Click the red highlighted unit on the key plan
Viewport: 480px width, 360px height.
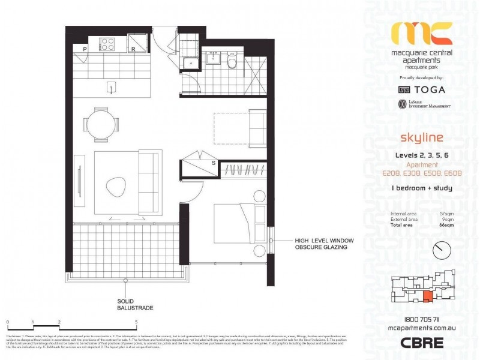pos(426,295)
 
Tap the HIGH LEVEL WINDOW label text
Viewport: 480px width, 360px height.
pos(324,241)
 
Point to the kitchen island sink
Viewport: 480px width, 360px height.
pos(112,87)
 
